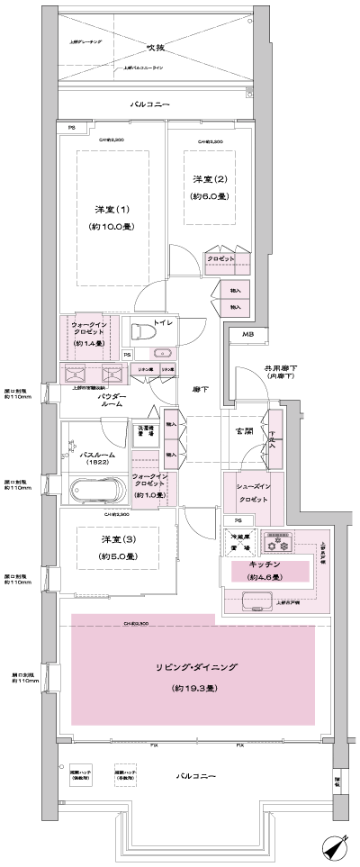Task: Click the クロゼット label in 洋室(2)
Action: [220, 258]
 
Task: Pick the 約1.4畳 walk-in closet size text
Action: [88, 343]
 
